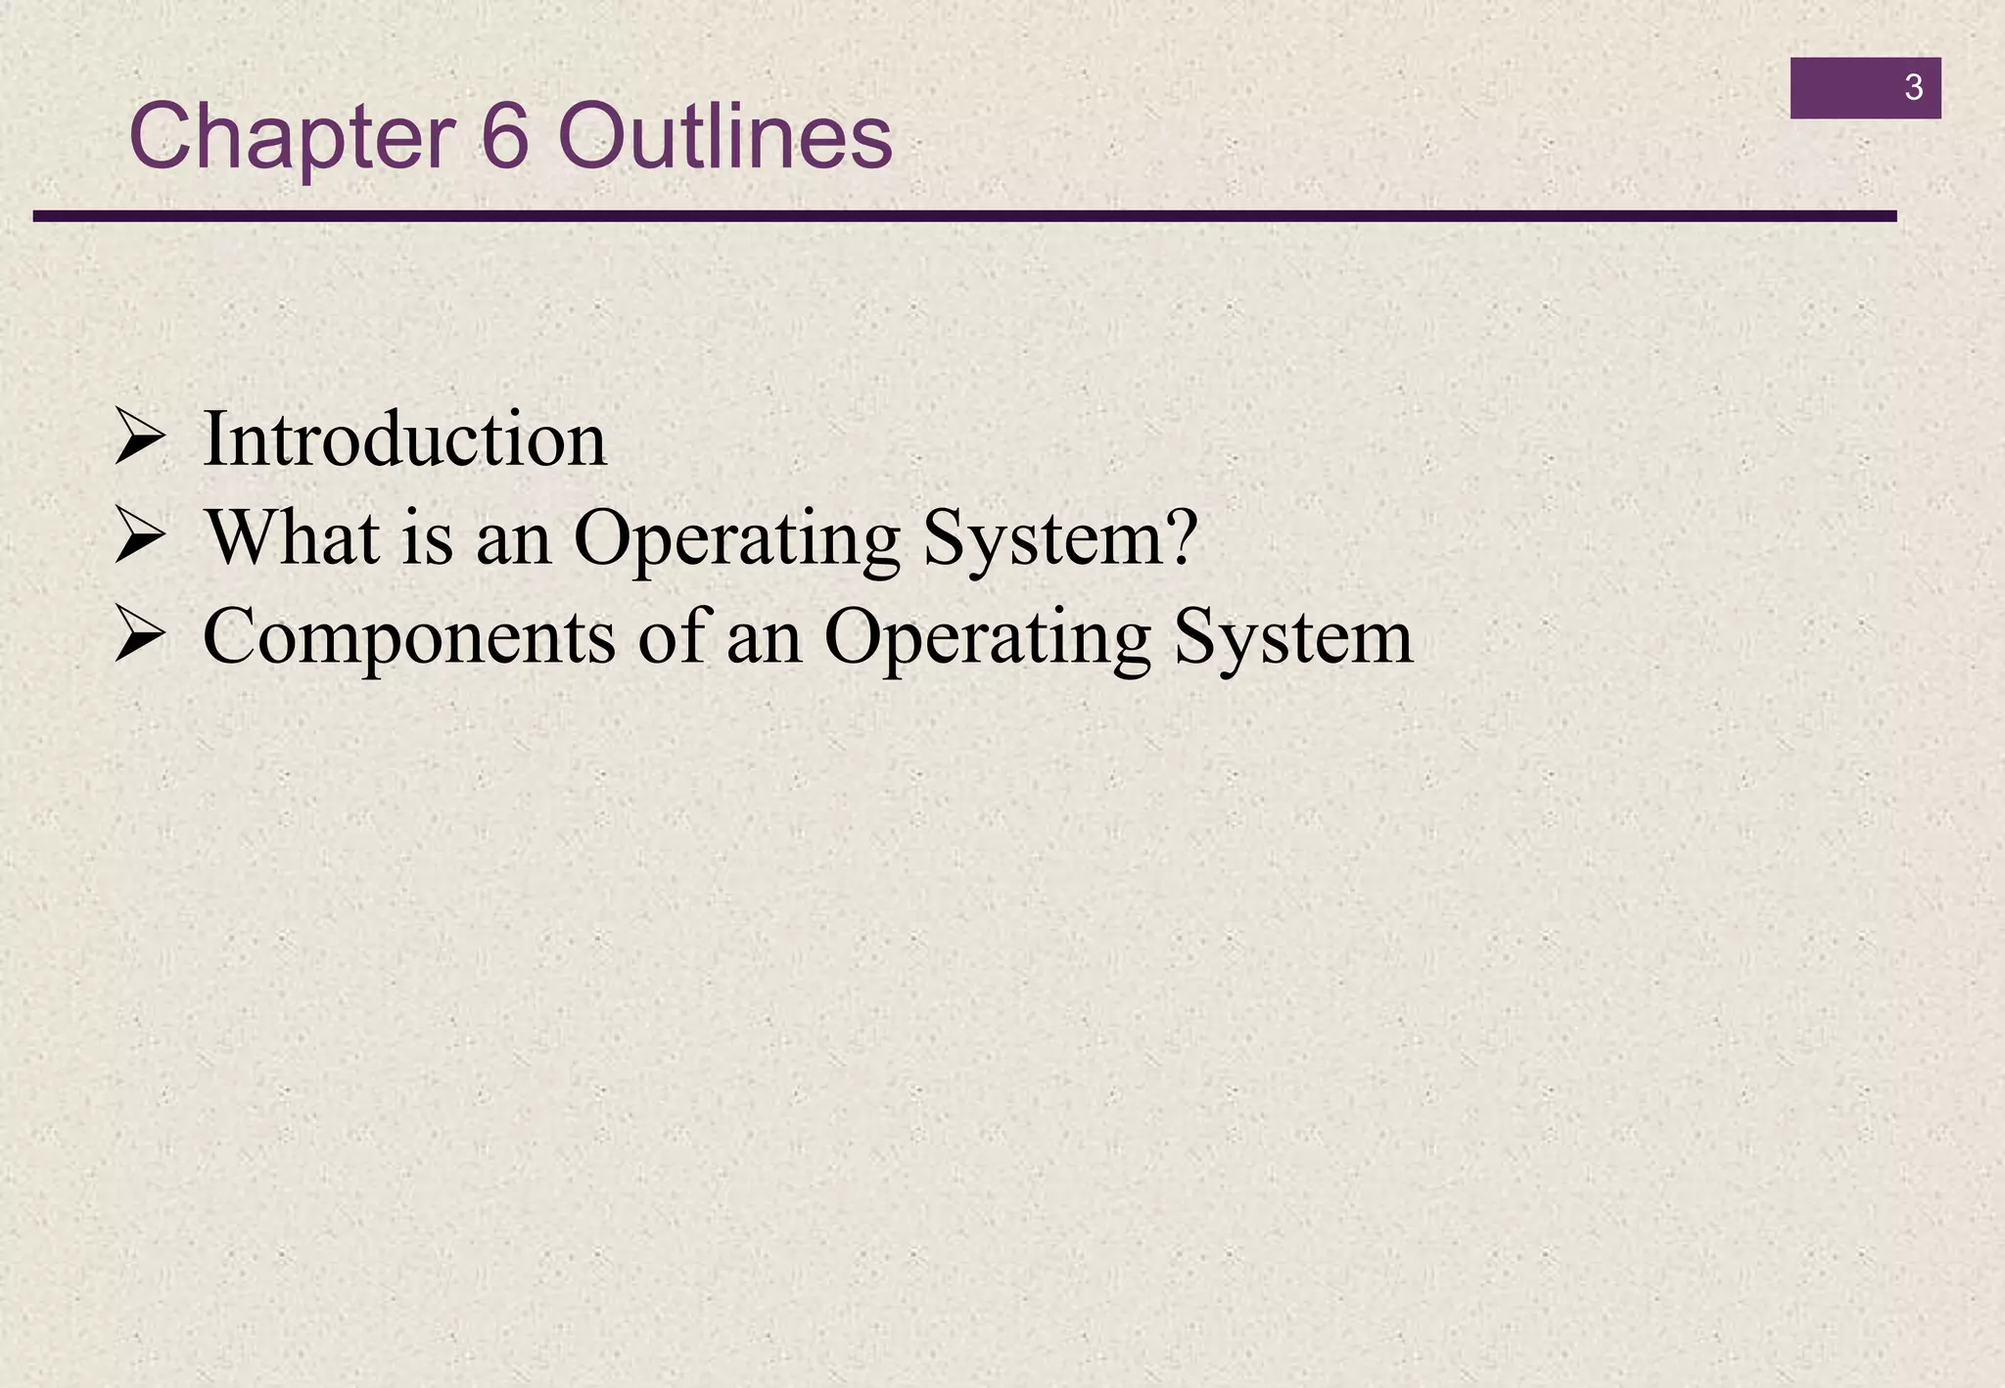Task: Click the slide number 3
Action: pos(1913,88)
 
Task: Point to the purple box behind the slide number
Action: pos(1841,88)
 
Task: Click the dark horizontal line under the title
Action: pos(964,216)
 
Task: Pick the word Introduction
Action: pos(404,440)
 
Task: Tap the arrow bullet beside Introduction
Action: pos(139,438)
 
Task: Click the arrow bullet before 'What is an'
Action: pos(139,537)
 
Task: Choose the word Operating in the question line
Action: pos(736,540)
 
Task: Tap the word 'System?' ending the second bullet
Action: pos(1060,540)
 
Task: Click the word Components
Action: pos(409,639)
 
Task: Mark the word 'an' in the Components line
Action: pos(764,639)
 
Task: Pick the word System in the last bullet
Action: pos(1293,639)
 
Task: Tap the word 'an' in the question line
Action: pos(513,540)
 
